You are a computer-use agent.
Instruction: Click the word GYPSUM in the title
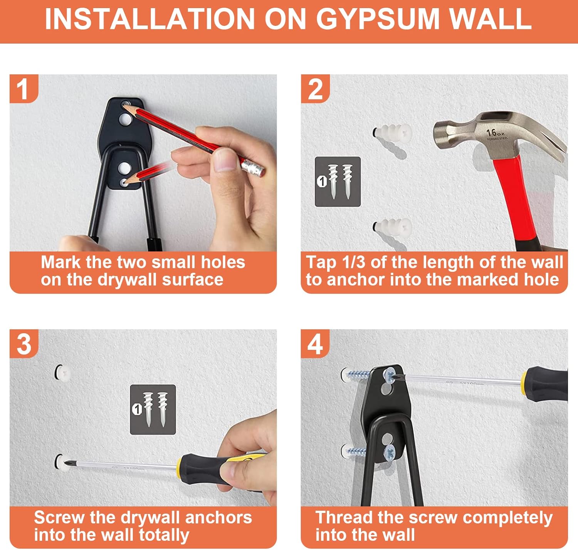pos(378,19)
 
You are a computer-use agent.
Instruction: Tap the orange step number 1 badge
pos(24,89)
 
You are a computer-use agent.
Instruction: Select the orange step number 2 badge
pos(315,89)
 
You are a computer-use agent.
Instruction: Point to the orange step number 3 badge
pos(24,344)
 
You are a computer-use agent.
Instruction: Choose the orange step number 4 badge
pos(315,344)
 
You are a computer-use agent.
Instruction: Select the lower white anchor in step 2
pos(393,226)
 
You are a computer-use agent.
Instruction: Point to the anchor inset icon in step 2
pos(338,182)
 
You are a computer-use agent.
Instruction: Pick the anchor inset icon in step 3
pos(153,409)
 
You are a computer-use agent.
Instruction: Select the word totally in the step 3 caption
pos(164,534)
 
